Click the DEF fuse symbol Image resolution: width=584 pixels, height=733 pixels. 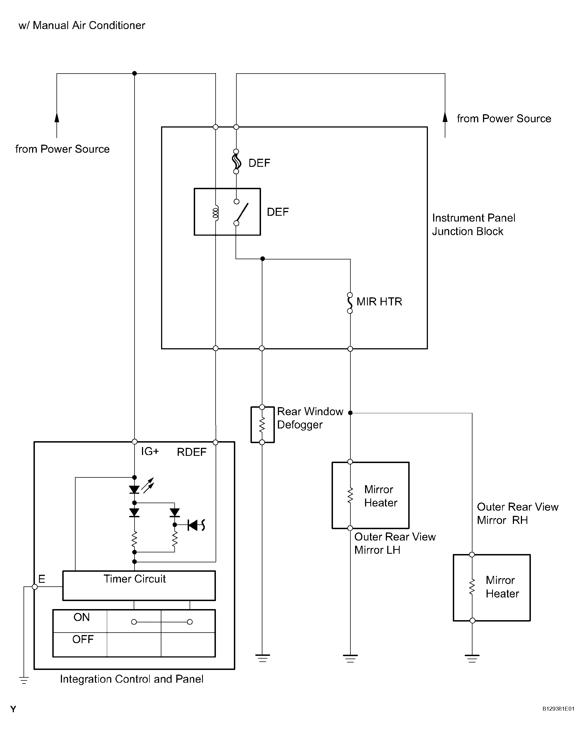(x=236, y=162)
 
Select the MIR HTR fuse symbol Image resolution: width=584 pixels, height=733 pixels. (x=350, y=303)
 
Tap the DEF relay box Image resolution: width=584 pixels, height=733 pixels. (x=227, y=212)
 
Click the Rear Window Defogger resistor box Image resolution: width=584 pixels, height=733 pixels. (x=262, y=425)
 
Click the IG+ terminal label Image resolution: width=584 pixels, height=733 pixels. (x=150, y=451)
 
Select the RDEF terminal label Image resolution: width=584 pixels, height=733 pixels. (x=192, y=452)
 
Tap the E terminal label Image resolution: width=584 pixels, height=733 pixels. (x=42, y=579)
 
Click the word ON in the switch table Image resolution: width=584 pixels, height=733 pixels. (x=82, y=617)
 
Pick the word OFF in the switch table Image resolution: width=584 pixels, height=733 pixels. (x=83, y=640)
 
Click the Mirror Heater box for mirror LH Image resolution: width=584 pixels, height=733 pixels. (x=370, y=495)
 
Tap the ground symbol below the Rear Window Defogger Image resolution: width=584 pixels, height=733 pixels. (x=262, y=658)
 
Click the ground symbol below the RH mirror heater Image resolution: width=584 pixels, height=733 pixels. (x=472, y=659)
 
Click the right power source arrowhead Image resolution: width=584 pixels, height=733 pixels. (x=445, y=117)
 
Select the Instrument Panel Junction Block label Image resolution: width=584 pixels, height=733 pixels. (x=474, y=225)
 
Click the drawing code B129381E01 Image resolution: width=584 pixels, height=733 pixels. (x=558, y=709)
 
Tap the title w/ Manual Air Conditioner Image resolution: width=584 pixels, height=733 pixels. (x=82, y=25)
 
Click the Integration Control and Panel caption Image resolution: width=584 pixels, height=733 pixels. (x=132, y=679)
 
